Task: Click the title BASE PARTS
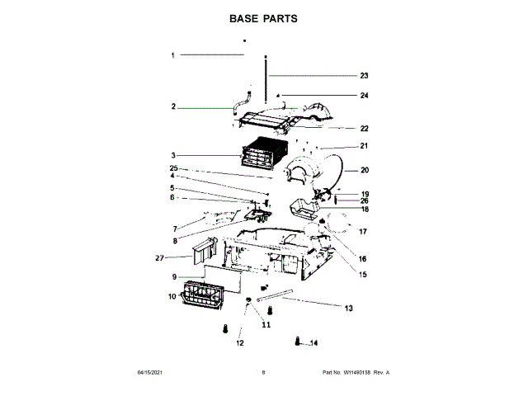point(264,17)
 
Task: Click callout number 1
point(173,55)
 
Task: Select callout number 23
point(364,75)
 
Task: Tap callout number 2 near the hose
point(173,106)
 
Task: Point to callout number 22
point(364,128)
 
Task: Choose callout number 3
point(173,155)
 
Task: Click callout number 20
point(364,171)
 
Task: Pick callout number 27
point(160,257)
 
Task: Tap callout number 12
point(241,342)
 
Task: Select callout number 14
point(313,343)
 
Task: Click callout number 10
point(173,295)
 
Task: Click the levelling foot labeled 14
point(298,341)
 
